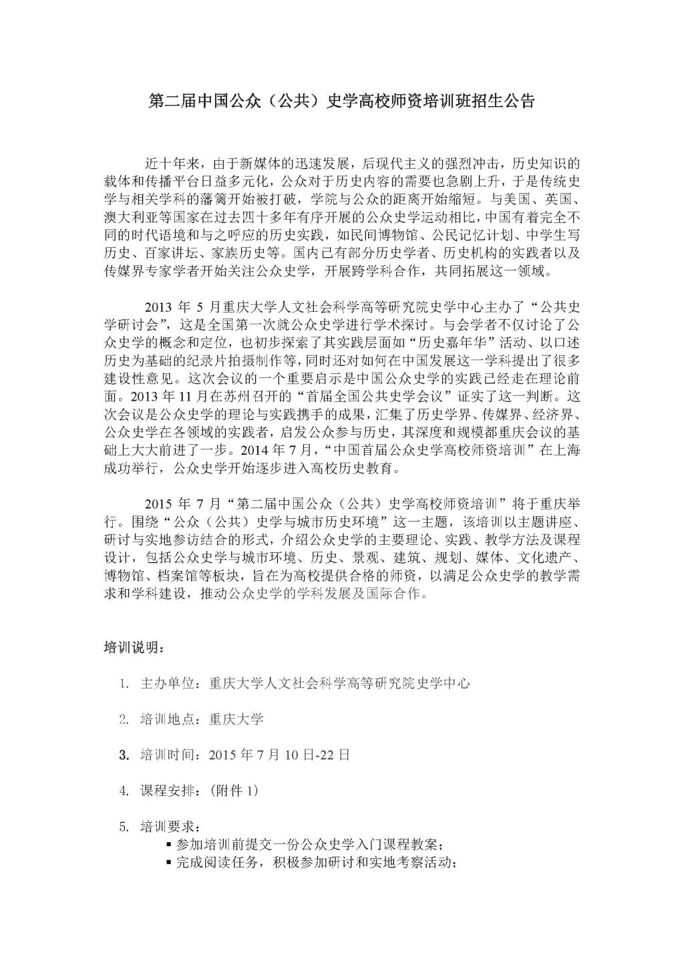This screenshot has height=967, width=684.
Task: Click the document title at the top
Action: pyautogui.click(x=341, y=102)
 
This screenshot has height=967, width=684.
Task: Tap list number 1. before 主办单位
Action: pyautogui.click(x=124, y=683)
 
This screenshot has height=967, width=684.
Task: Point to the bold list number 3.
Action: pyautogui.click(x=124, y=755)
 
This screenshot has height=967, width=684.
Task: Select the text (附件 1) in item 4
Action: pyautogui.click(x=234, y=791)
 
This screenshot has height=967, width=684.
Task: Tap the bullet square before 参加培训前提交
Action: pyautogui.click(x=168, y=844)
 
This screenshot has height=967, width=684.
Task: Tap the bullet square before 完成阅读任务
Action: pyautogui.click(x=168, y=862)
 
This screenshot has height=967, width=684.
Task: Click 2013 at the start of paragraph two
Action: pyautogui.click(x=159, y=307)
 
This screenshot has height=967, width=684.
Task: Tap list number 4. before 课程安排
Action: pyautogui.click(x=124, y=791)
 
